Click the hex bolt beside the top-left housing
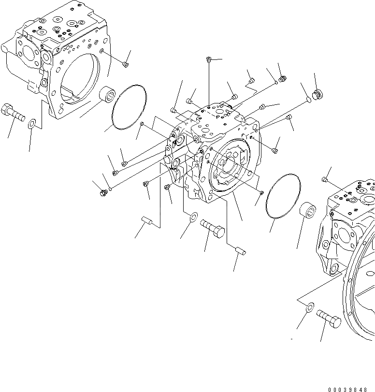point(13,114)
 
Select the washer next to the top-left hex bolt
point(32,123)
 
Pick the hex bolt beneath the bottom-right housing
point(330,319)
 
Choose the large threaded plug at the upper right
point(317,94)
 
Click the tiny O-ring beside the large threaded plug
point(309,101)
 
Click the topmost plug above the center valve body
point(208,59)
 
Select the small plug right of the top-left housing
point(126,64)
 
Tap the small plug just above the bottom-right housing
point(325,180)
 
